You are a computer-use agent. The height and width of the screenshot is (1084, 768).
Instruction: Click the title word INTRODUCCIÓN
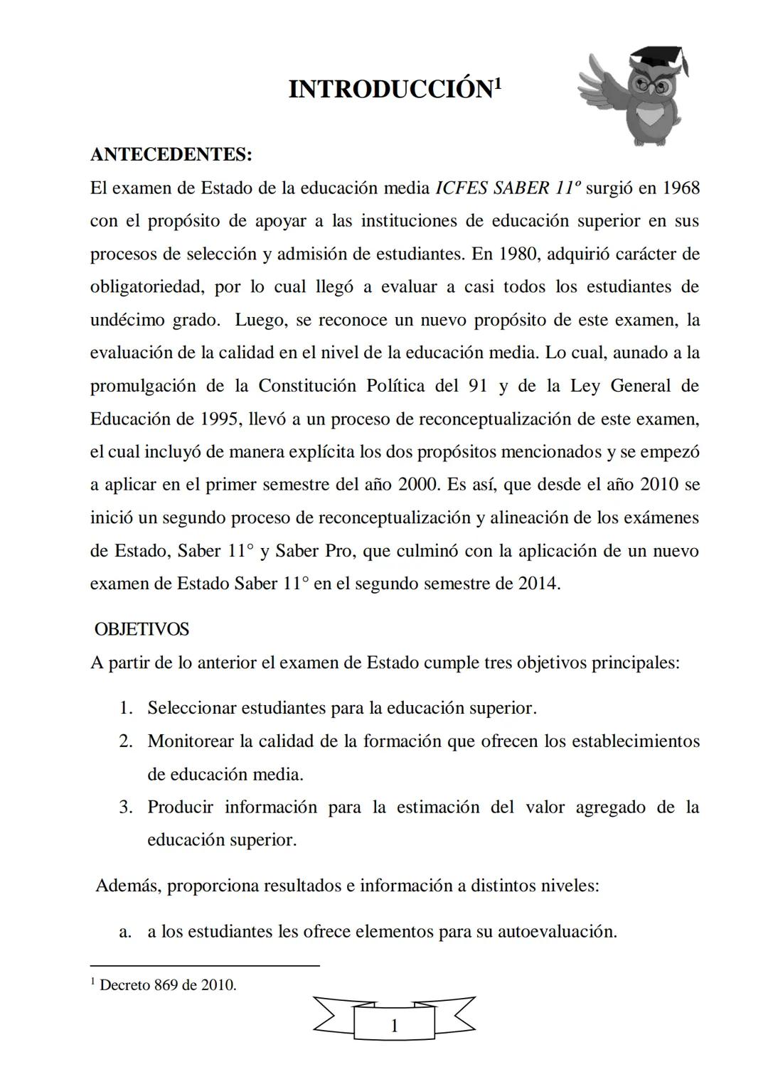pos(390,90)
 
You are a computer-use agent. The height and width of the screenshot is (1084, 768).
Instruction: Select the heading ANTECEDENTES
pos(171,154)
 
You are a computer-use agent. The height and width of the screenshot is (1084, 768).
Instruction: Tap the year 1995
pos(215,419)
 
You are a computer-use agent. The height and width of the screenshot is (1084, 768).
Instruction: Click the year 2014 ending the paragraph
pos(537,584)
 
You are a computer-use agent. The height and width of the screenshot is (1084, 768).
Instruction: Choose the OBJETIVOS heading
pos(142,629)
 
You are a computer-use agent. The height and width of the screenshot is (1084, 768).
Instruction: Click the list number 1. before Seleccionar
pos(127,708)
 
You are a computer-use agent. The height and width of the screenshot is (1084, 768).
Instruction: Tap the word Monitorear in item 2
pos(190,741)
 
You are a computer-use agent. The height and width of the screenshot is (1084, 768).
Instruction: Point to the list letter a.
pos(126,931)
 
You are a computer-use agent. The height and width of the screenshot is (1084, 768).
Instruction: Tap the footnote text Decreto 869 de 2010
pos(168,985)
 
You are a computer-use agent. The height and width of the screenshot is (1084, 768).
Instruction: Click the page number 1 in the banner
pos(394,1026)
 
